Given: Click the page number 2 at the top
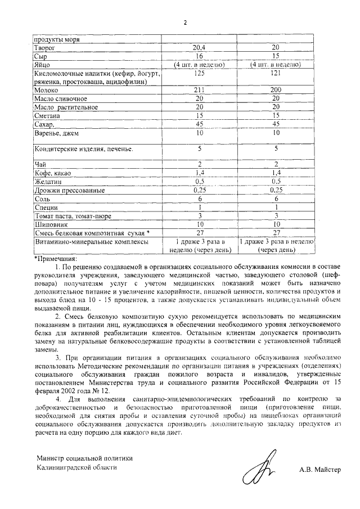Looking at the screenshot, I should pos(184,23).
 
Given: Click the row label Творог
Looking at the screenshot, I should pos(46,48).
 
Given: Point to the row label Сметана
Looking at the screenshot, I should pos(49,115).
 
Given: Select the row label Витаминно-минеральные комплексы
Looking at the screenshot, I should pos(91,241).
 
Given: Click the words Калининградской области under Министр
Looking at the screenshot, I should pos(77,467).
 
